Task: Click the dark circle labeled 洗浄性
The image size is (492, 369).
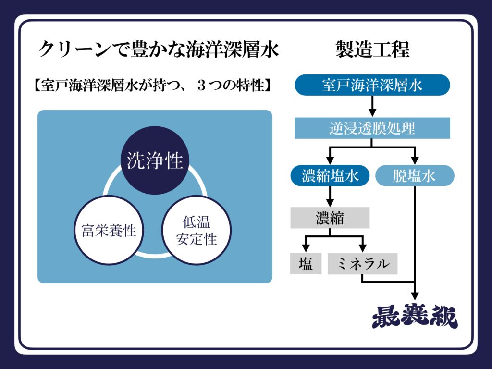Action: click(155, 160)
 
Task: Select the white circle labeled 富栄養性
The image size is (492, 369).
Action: click(109, 230)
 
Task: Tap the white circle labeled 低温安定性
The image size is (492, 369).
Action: click(197, 230)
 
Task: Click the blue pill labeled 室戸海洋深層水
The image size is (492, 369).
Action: click(372, 85)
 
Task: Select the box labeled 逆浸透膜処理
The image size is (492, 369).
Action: click(372, 128)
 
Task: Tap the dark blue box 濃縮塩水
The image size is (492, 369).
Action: click(330, 176)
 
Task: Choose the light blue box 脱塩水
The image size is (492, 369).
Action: click(414, 176)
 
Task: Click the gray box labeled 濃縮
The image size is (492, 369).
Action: click(330, 218)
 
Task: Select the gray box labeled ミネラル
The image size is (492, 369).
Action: click(362, 264)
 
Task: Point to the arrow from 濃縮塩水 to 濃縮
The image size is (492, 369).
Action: click(330, 196)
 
